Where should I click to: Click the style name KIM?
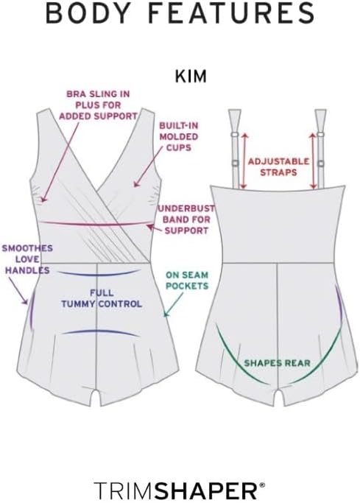[x=191, y=77]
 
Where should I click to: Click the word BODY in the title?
[x=87, y=13]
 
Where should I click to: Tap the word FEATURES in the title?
[x=231, y=13]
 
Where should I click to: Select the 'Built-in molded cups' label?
[x=179, y=137]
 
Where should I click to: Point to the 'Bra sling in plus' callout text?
[x=98, y=105]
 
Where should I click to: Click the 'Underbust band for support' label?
[x=186, y=219]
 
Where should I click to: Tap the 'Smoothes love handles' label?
[x=27, y=259]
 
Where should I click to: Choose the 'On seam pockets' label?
[x=187, y=281]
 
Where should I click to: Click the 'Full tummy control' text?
[x=102, y=298]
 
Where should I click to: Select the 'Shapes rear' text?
[x=278, y=363]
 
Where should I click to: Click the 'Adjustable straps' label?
[x=278, y=166]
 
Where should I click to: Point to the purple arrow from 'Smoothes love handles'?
[x=18, y=290]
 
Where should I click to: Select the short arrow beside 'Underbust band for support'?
[x=154, y=228]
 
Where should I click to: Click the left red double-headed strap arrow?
[x=244, y=161]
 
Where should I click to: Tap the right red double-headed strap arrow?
[x=313, y=161]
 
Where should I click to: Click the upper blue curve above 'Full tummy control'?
[x=99, y=274]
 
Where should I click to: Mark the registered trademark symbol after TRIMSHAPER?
[x=263, y=485]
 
